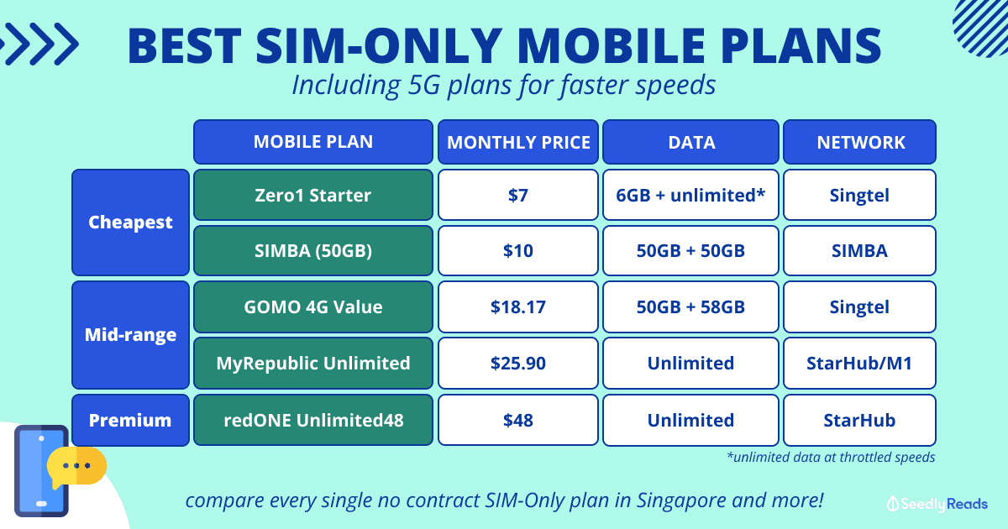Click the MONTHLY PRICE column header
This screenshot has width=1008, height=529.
coord(518,142)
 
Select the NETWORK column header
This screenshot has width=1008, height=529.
coord(859,142)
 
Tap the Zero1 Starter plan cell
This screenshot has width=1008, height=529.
coord(313,195)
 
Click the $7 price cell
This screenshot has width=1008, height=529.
coord(518,195)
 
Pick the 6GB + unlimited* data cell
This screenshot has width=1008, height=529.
coord(690,195)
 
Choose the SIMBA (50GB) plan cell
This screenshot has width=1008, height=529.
coord(313,250)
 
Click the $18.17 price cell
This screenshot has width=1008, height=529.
coord(518,306)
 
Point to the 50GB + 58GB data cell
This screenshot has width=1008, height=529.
coord(690,306)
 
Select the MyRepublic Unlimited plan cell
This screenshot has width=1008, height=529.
coord(313,363)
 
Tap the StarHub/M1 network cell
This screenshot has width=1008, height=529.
coord(859,363)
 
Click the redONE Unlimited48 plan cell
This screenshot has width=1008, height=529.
coord(313,420)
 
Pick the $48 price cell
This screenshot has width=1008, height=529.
coord(518,420)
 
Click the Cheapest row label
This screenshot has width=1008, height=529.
coord(130,223)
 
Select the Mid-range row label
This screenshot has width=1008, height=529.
coord(130,335)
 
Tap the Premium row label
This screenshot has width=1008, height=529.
coord(130,420)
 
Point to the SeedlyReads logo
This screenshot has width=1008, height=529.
coord(937,504)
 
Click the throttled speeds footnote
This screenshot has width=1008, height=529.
coord(831,457)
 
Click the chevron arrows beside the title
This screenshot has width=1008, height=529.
coord(39,44)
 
